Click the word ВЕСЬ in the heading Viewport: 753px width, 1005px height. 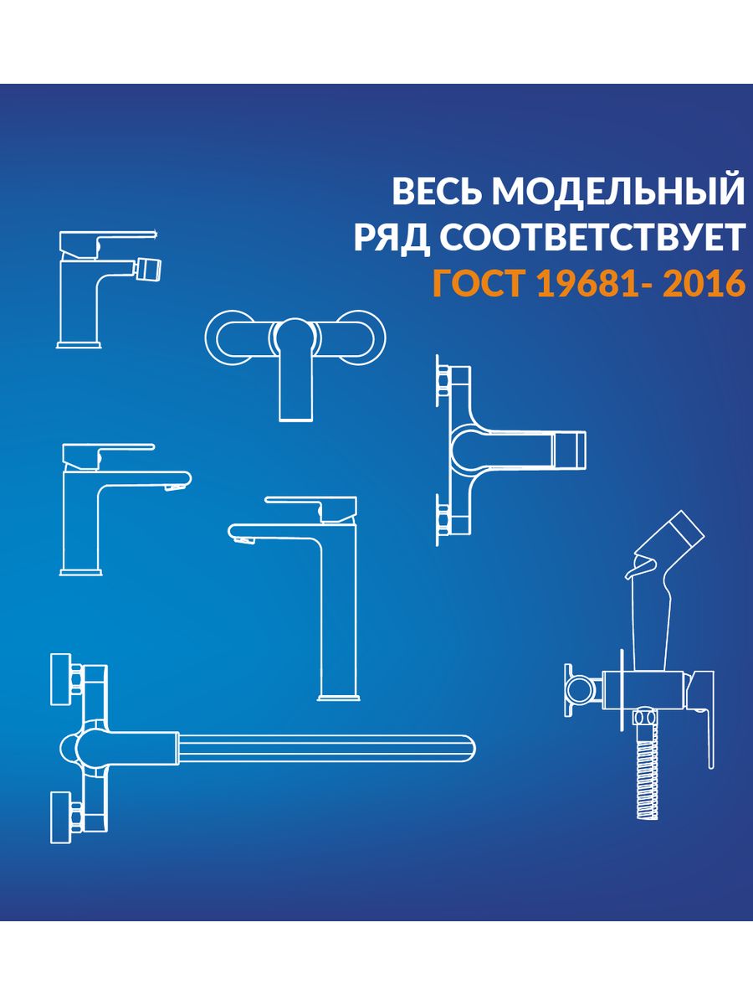click(x=438, y=192)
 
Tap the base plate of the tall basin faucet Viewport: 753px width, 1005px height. click(x=338, y=698)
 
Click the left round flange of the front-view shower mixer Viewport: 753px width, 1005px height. click(x=228, y=339)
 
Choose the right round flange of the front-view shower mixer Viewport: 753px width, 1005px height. click(x=362, y=339)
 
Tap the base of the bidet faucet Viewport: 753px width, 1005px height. click(x=79, y=345)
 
